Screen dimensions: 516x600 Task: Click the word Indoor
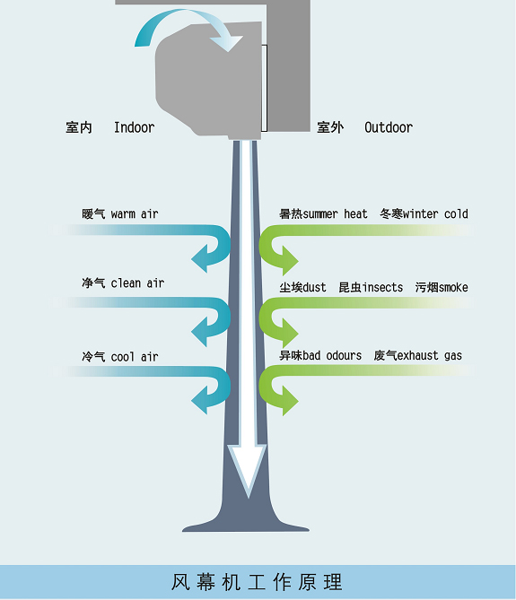(135, 127)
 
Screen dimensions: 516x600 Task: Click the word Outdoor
(389, 127)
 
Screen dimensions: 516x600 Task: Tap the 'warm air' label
(135, 213)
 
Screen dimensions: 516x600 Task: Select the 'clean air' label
(137, 283)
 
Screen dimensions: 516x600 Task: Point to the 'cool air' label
(135, 357)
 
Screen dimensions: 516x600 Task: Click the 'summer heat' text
(335, 213)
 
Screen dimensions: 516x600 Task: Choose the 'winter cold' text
(435, 213)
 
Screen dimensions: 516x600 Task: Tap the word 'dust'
(314, 287)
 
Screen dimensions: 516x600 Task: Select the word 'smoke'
(453, 287)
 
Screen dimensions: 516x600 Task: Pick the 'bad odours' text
(332, 355)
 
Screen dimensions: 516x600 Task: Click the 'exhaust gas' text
(430, 355)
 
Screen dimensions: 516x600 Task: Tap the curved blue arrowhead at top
(229, 43)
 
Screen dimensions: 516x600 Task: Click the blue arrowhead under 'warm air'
(200, 258)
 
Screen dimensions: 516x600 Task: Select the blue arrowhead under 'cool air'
(200, 400)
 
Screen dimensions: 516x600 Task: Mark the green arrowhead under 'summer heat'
(290, 261)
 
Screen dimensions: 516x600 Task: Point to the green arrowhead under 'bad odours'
(290, 401)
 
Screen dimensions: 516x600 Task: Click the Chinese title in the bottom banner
(257, 582)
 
